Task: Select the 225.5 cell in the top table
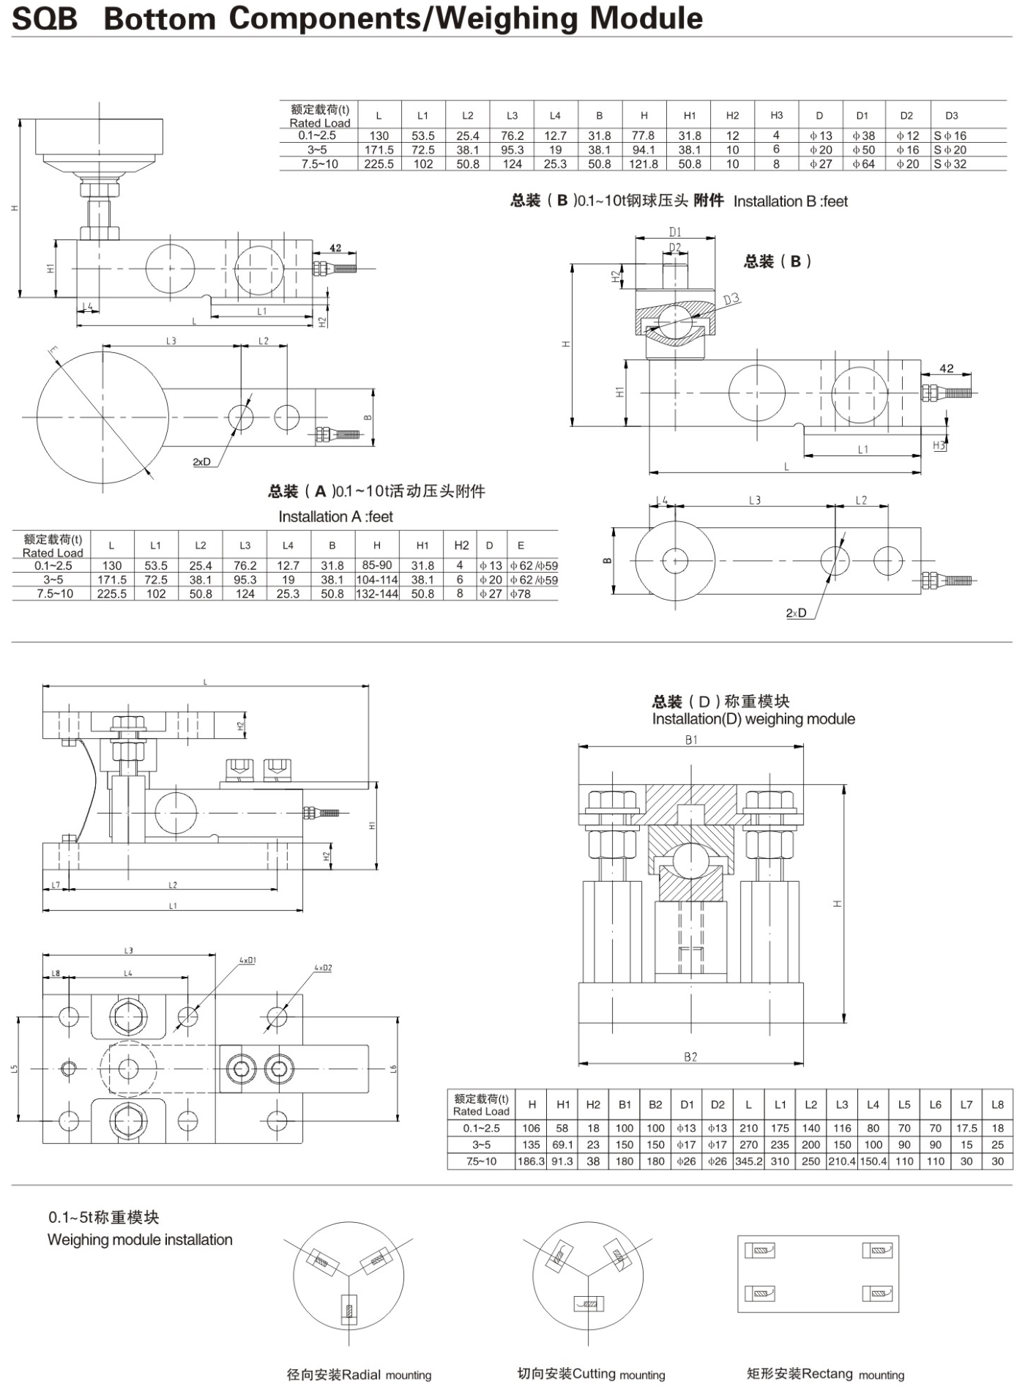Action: tap(379, 164)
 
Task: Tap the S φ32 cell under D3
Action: tap(950, 164)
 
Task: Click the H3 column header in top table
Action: tap(776, 116)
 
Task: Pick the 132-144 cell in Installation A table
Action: tap(377, 594)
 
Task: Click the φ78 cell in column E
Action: tap(521, 594)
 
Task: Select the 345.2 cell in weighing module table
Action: tap(748, 1161)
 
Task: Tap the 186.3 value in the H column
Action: tap(532, 1161)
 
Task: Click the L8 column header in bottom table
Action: tap(997, 1105)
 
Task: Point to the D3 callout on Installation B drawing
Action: tap(731, 299)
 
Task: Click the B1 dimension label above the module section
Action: tap(691, 740)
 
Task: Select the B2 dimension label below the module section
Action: tap(690, 1057)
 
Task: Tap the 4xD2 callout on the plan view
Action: tap(323, 968)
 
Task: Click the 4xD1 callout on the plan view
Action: tap(247, 960)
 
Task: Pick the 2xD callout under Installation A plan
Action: tap(201, 462)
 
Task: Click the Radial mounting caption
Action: tap(359, 1374)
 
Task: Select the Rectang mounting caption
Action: tap(825, 1374)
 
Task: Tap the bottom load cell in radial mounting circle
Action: tap(349, 1309)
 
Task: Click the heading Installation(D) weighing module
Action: tap(753, 719)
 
